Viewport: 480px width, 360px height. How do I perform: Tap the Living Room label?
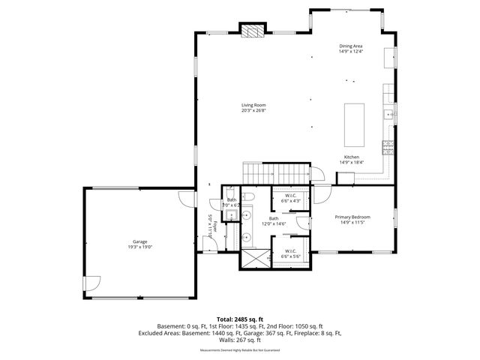[x=253, y=107]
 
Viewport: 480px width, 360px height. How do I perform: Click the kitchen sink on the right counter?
[x=388, y=115]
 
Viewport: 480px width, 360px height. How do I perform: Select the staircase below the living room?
[x=274, y=172]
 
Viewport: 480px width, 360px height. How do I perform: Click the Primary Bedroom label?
[x=352, y=219]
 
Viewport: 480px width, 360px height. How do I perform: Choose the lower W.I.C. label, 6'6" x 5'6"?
[x=290, y=254]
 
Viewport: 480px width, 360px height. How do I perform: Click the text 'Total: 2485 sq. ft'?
[x=240, y=319]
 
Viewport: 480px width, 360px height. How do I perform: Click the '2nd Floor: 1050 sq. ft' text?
[x=296, y=326]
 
